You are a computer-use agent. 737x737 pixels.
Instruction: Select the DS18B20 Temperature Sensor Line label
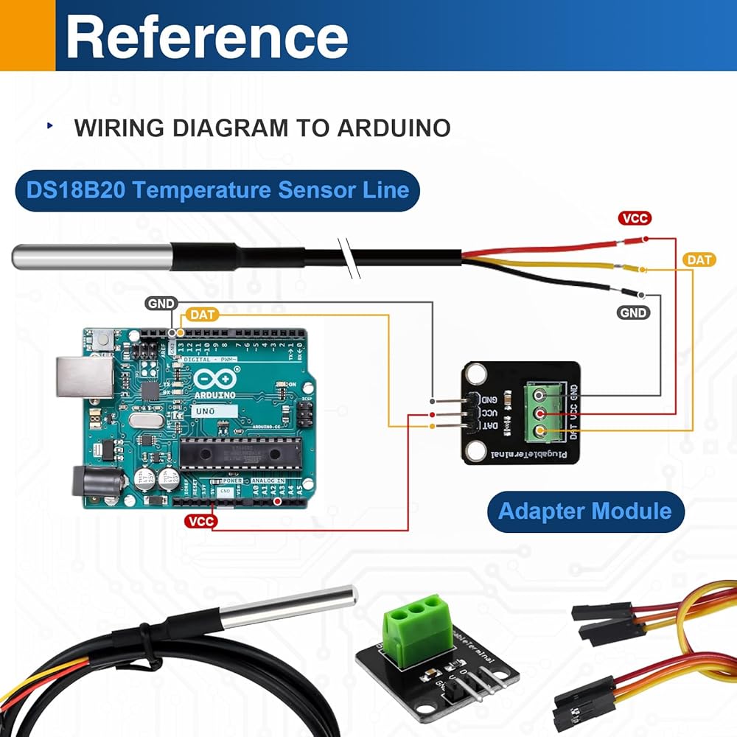pos(217,190)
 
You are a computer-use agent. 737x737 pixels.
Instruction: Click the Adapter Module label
pos(585,511)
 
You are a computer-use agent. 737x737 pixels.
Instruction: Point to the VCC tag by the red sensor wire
pos(635,218)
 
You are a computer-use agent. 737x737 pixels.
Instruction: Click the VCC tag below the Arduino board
pos(201,521)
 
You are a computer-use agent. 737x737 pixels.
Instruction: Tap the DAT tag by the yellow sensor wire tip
pos(699,259)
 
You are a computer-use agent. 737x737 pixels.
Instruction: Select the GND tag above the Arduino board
pos(161,304)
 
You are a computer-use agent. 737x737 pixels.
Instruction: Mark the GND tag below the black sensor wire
pos(634,312)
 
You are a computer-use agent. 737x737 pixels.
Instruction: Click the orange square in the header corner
pos(27,35)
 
